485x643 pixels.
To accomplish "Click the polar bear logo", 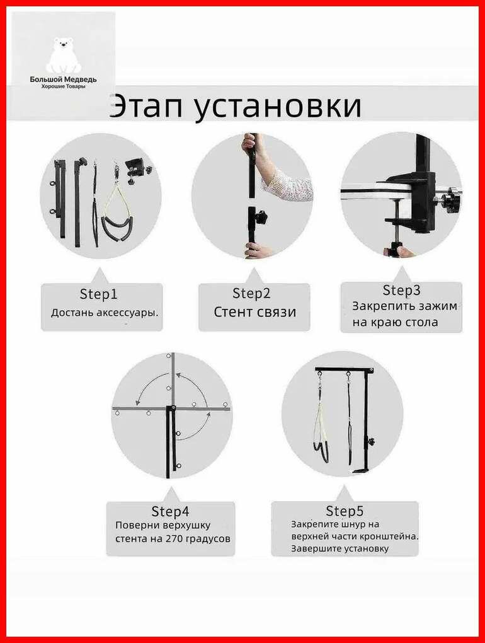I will pyautogui.click(x=63, y=55).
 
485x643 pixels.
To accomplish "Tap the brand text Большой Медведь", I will pyautogui.click(x=63, y=79).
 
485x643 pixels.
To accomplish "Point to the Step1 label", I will pyautogui.click(x=98, y=294).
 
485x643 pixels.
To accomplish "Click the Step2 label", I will pyautogui.click(x=251, y=293).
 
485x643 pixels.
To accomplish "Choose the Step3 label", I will pyautogui.click(x=401, y=291).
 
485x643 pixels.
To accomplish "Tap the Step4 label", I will pyautogui.click(x=170, y=511).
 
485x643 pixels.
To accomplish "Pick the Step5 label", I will pyautogui.click(x=345, y=511).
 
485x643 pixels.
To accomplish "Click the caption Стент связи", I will pyautogui.click(x=254, y=312).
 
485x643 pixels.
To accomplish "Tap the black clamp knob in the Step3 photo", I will pyautogui.click(x=450, y=202).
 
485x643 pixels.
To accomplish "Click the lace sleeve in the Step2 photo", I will pyautogui.click(x=287, y=186).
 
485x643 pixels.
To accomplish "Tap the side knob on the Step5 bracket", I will pyautogui.click(x=372, y=441).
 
